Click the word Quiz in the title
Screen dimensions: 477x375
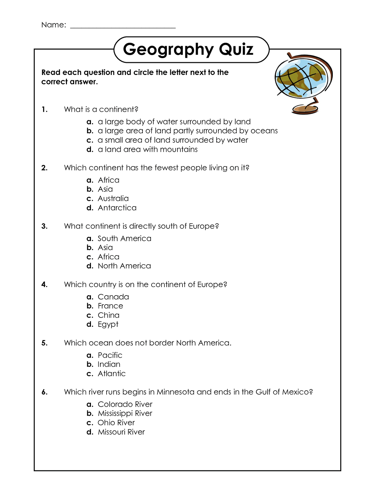(236, 50)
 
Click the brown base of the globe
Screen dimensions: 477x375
(305, 109)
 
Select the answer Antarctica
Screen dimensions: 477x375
(117, 208)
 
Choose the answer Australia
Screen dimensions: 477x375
(113, 199)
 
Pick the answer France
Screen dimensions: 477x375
(110, 306)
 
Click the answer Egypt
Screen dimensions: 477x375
(108, 325)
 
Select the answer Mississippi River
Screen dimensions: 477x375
(125, 414)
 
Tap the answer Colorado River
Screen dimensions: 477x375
(125, 405)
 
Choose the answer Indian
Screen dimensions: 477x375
(109, 365)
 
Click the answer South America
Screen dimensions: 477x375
(124, 239)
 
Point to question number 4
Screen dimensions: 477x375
(44, 285)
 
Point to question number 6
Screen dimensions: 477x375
(44, 392)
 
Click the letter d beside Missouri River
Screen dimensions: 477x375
(90, 432)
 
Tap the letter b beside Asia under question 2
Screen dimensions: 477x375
(90, 189)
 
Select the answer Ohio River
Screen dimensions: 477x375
(116, 423)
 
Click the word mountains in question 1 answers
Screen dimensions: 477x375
(179, 150)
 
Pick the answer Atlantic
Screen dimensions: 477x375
(111, 374)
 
